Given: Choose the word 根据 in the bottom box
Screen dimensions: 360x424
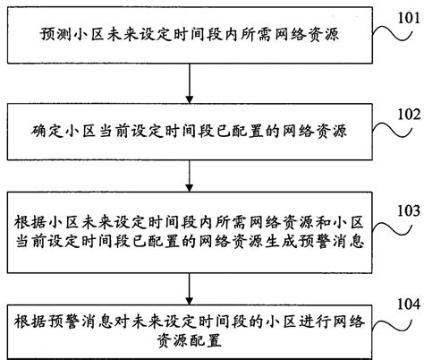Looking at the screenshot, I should click(x=30, y=321).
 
